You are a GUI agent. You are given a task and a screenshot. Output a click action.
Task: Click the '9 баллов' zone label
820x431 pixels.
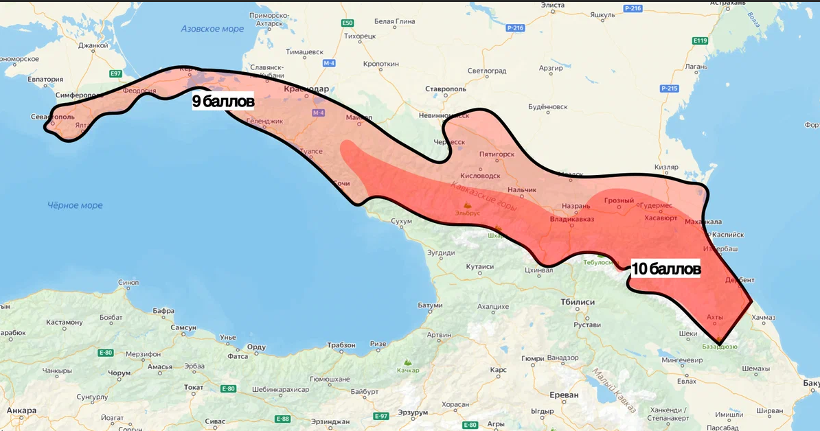pyautogui.click(x=223, y=102)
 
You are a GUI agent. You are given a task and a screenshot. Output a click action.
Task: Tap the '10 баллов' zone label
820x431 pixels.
pyautogui.click(x=665, y=268)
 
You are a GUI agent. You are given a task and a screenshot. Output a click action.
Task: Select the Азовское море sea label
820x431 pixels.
pyautogui.click(x=212, y=29)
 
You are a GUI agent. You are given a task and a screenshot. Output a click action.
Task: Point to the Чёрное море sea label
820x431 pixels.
pyautogui.click(x=75, y=205)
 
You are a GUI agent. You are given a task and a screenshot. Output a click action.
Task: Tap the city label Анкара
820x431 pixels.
pyautogui.click(x=21, y=410)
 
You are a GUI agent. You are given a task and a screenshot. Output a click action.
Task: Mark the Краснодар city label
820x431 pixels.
pyautogui.click(x=306, y=89)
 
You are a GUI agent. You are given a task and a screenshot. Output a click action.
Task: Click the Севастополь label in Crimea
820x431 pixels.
pyautogui.click(x=53, y=117)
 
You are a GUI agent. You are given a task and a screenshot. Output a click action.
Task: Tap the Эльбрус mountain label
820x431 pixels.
pyautogui.click(x=467, y=213)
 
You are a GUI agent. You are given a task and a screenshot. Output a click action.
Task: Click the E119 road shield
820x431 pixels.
pyautogui.click(x=699, y=41)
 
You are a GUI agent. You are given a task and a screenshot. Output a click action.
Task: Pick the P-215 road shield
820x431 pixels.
pyautogui.click(x=669, y=89)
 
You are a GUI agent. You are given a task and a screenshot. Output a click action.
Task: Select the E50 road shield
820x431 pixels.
pyautogui.click(x=347, y=23)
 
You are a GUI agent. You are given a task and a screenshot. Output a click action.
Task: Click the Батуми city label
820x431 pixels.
pyautogui.click(x=429, y=305)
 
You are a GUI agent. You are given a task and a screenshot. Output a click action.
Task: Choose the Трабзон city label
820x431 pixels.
pyautogui.click(x=341, y=345)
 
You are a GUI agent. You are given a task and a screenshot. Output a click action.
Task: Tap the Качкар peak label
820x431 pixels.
pyautogui.click(x=408, y=370)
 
